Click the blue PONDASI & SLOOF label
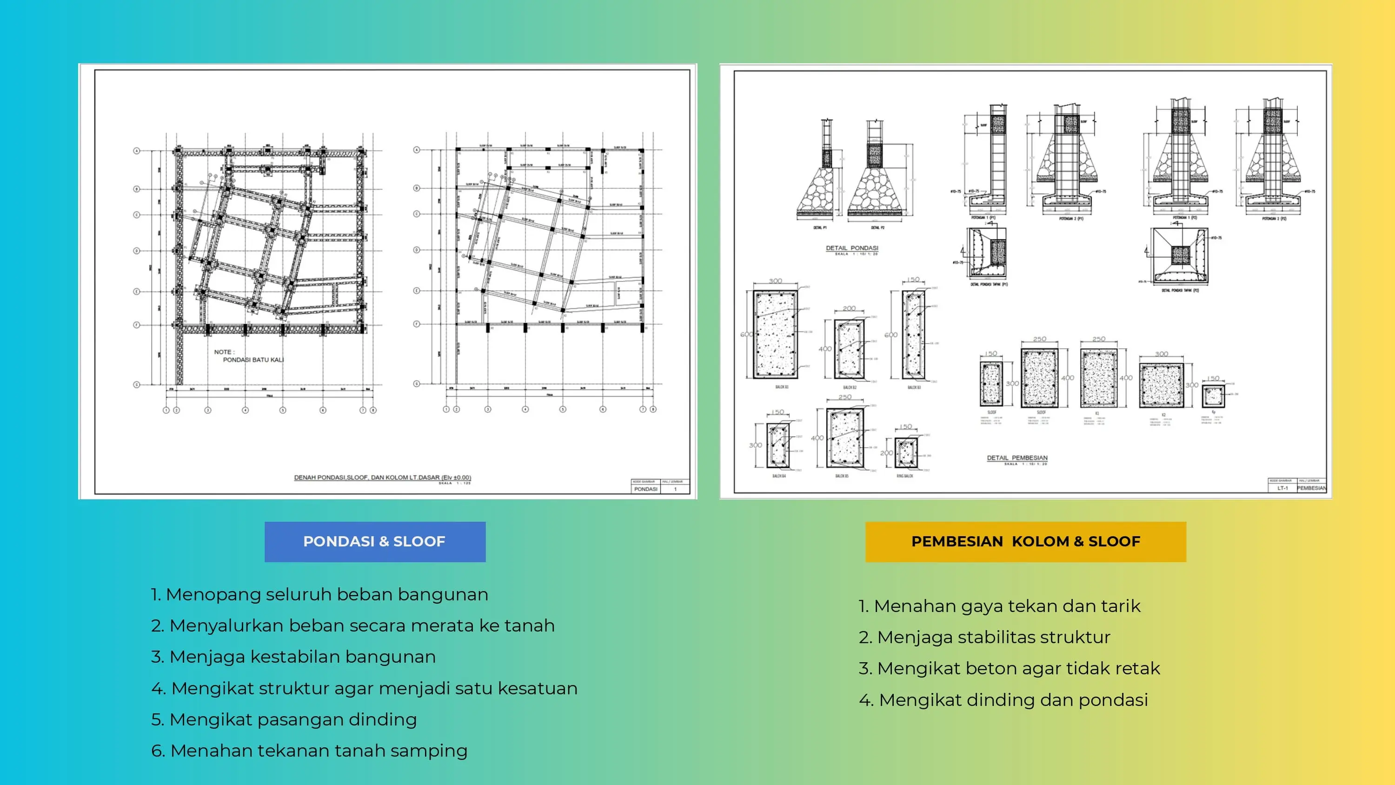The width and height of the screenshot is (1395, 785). [375, 541]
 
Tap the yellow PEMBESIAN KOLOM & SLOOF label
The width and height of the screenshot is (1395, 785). [1025, 541]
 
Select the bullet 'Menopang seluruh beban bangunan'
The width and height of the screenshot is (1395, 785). [319, 594]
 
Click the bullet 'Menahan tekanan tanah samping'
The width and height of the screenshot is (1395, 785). [309, 750]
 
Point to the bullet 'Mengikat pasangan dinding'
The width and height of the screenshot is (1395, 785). [284, 719]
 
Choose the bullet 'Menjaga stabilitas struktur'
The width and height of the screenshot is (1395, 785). [984, 637]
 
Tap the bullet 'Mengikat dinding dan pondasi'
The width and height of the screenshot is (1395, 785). [1003, 700]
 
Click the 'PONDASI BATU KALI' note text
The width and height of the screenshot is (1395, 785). [253, 360]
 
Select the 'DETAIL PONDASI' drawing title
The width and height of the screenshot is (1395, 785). [852, 248]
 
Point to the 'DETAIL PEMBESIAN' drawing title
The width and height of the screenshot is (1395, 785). [1017, 458]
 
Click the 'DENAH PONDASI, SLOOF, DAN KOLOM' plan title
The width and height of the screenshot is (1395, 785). [382, 477]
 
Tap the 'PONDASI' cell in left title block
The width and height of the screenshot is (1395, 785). [645, 489]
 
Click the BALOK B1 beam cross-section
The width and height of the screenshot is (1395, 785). [776, 334]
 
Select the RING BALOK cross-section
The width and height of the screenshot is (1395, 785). [906, 452]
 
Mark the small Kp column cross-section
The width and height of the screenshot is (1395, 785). [1213, 396]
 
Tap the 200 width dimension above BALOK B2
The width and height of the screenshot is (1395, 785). [849, 308]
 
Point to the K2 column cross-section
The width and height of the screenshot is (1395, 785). [1161, 386]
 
